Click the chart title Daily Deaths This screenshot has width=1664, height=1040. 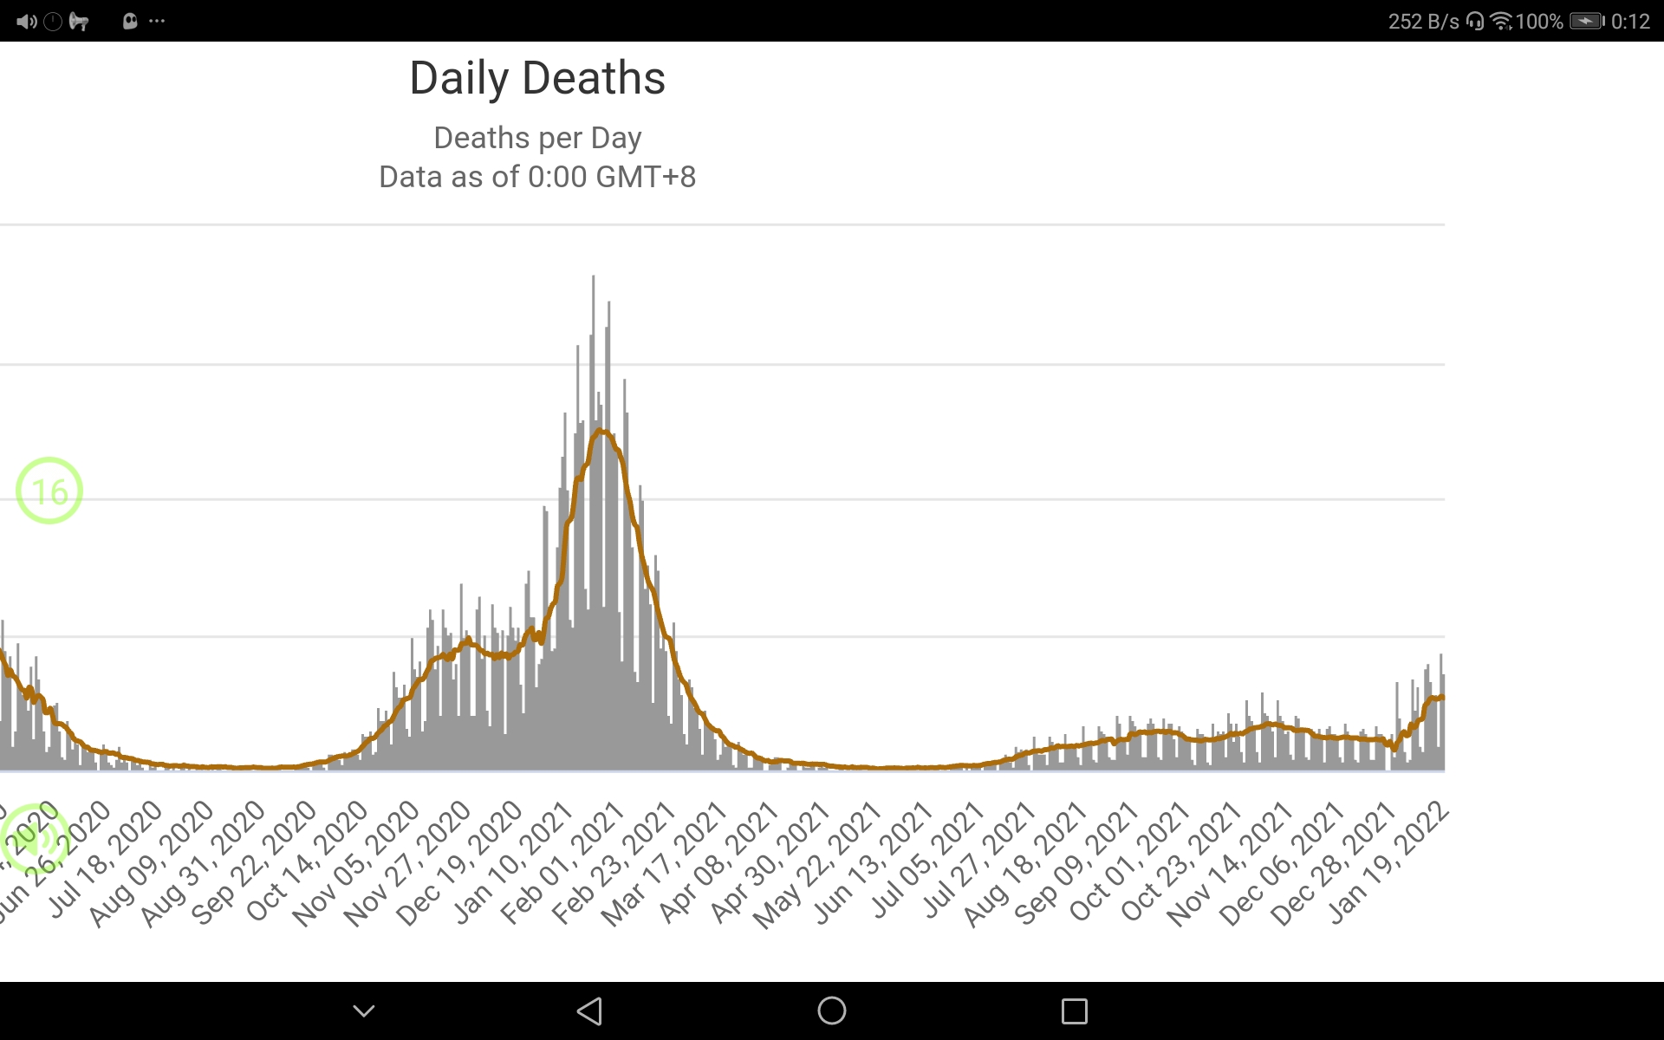pyautogui.click(x=537, y=78)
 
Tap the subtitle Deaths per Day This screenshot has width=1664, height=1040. pyautogui.click(x=537, y=138)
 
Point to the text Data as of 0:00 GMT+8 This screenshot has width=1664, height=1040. pyautogui.click(x=537, y=177)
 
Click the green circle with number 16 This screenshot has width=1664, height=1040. pyautogui.click(x=49, y=491)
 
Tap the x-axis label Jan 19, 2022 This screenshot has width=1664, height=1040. pyautogui.click(x=1388, y=862)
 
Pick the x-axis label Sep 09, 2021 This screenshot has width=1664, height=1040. pyautogui.click(x=1076, y=863)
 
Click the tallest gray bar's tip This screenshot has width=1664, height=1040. pyautogui.click(x=593, y=277)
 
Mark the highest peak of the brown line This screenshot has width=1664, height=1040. pyautogui.click(x=600, y=431)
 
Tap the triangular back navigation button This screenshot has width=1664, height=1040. pyautogui.click(x=589, y=1011)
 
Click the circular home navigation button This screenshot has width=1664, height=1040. pyautogui.click(x=832, y=1011)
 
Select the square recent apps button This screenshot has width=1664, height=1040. pyautogui.click(x=1075, y=1011)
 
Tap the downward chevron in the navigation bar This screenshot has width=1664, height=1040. pyautogui.click(x=364, y=1011)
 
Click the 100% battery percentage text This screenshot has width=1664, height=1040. pyautogui.click(x=1539, y=21)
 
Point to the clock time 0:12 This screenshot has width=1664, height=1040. pyautogui.click(x=1630, y=21)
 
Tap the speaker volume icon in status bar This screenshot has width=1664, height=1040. pyautogui.click(x=26, y=21)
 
